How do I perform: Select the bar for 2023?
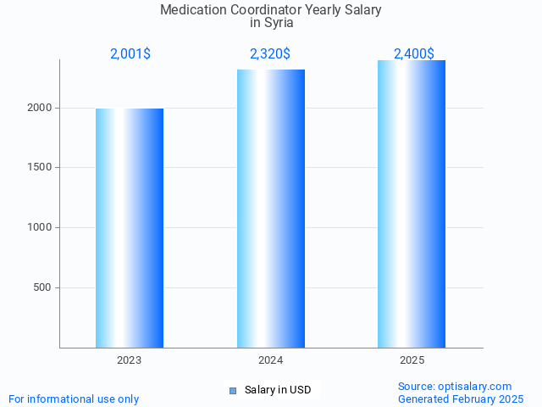pyautogui.click(x=130, y=228)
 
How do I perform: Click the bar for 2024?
pyautogui.click(x=271, y=209)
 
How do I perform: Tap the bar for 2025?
pyautogui.click(x=412, y=203)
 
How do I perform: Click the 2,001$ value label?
pyautogui.click(x=130, y=54)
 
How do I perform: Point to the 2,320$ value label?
pyautogui.click(x=270, y=54)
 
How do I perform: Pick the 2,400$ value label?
pyautogui.click(x=413, y=54)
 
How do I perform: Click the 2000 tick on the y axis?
pyautogui.click(x=41, y=108)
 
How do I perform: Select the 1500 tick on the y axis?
pyautogui.click(x=41, y=168)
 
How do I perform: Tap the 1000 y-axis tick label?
pyautogui.click(x=41, y=227)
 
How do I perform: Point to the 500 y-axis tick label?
pyautogui.click(x=43, y=287)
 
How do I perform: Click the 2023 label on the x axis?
pyautogui.click(x=130, y=361)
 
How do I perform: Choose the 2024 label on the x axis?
pyautogui.click(x=271, y=361)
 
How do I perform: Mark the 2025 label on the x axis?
pyautogui.click(x=412, y=361)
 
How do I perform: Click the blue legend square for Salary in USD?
pyautogui.click(x=233, y=390)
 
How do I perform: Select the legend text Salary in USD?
pyautogui.click(x=278, y=390)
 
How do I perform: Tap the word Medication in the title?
pyautogui.click(x=194, y=10)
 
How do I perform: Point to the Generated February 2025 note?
pyautogui.click(x=461, y=399)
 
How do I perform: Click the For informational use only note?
pyautogui.click(x=74, y=399)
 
